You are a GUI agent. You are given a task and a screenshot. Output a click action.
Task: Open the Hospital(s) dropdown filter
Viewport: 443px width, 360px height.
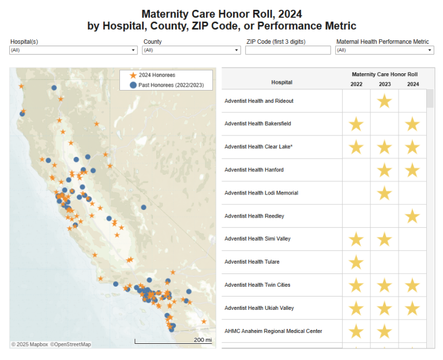pos(73,50)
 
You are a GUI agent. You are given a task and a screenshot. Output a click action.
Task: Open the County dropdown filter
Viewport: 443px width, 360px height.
pos(192,50)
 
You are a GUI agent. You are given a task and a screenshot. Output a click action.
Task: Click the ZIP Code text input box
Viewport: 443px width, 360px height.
pos(288,50)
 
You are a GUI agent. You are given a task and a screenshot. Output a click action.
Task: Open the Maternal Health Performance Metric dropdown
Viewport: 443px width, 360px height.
pos(384,50)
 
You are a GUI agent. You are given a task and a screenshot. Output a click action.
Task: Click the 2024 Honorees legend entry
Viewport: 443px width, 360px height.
pos(156,75)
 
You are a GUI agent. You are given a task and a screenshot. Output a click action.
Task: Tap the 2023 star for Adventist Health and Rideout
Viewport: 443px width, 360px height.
pos(384,101)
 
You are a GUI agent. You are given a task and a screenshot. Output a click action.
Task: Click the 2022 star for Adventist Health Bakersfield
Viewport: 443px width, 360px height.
pos(356,124)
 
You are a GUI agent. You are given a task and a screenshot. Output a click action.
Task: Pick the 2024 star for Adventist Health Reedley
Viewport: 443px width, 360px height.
pos(412,216)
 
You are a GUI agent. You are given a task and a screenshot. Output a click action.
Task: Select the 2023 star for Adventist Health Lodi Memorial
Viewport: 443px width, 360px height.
pos(384,193)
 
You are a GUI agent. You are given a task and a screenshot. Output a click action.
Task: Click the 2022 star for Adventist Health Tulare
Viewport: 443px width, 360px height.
pos(356,262)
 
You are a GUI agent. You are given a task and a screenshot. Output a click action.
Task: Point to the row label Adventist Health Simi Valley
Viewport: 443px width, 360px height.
pos(258,239)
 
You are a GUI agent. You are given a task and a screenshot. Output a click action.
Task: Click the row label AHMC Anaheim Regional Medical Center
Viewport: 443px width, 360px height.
pos(273,331)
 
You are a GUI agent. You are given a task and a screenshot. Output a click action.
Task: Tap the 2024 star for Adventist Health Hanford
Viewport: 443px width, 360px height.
pos(412,170)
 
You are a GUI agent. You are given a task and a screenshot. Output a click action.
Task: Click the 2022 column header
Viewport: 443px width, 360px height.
pos(356,84)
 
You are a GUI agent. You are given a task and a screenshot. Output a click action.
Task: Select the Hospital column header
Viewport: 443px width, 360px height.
pos(281,82)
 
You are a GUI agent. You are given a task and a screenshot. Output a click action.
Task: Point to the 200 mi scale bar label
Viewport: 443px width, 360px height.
pos(202,340)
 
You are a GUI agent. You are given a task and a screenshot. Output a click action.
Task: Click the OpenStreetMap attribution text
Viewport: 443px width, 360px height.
pos(70,344)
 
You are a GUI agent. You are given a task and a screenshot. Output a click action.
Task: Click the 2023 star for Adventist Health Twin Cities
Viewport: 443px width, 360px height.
pos(384,286)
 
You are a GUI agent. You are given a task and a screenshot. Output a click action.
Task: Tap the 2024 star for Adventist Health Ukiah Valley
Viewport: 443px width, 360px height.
pos(412,309)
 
